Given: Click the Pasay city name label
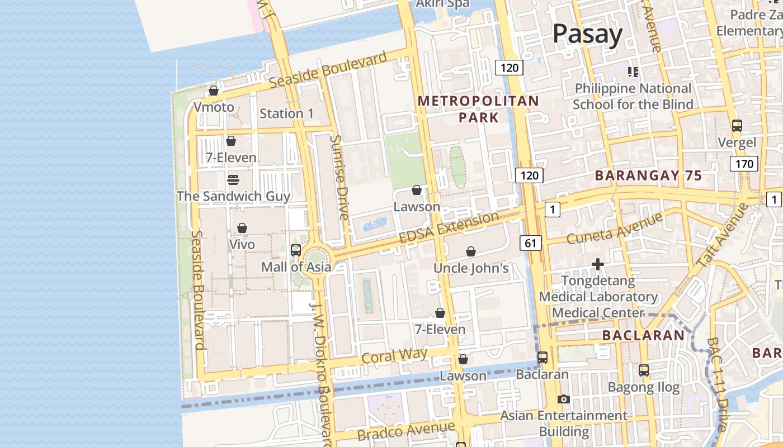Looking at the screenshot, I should click(x=587, y=35).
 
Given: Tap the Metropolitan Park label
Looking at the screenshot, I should click(x=478, y=109).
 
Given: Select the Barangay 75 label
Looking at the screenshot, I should click(x=648, y=175).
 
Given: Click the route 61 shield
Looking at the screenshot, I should click(x=531, y=242).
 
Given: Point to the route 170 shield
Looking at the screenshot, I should click(x=744, y=164).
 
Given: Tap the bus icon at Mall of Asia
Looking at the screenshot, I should click(x=296, y=250).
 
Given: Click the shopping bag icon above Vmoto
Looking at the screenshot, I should click(x=214, y=90).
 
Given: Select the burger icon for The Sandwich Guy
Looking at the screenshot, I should click(x=233, y=179).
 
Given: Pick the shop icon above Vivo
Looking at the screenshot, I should click(x=242, y=228).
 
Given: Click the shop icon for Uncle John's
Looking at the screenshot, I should click(x=471, y=251).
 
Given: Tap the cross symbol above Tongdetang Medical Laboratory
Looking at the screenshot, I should click(x=598, y=264).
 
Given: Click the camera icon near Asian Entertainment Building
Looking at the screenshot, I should click(x=564, y=399).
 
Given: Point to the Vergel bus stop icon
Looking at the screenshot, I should click(x=737, y=126).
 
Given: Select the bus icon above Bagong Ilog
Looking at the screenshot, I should click(x=644, y=370).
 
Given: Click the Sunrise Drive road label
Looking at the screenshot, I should click(x=339, y=178).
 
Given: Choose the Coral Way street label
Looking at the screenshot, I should click(x=394, y=356).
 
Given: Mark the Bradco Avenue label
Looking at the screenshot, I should click(x=406, y=431).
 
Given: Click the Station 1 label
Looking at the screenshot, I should click(x=287, y=113).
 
